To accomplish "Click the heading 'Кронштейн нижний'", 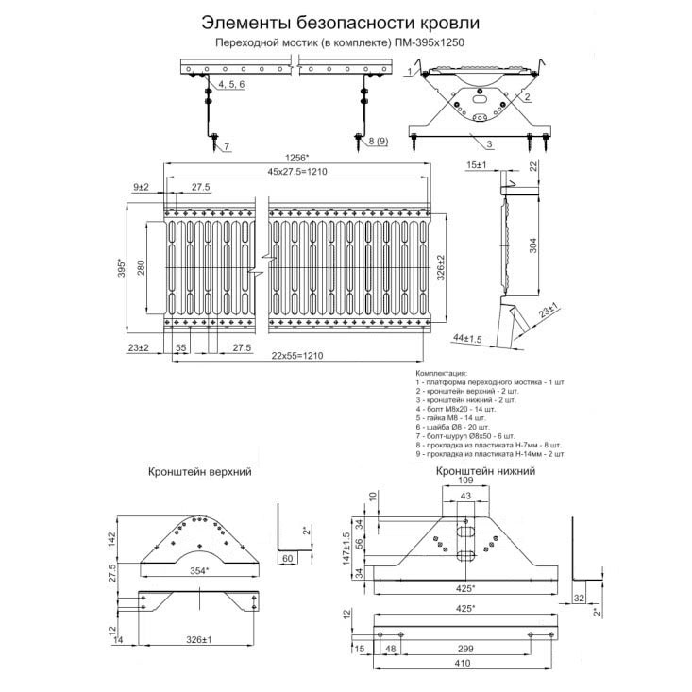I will (485, 470).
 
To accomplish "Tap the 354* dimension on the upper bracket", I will (199, 570).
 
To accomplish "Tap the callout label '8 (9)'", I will (377, 142).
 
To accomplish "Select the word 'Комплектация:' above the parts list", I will (441, 374).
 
